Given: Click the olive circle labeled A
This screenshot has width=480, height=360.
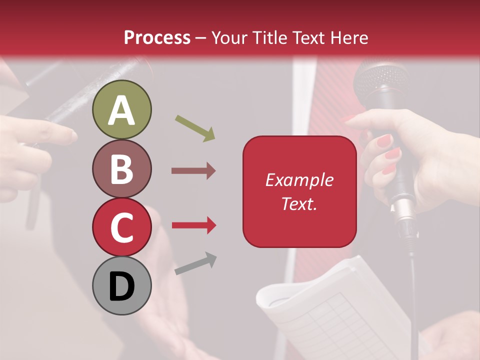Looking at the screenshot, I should pos(121,109).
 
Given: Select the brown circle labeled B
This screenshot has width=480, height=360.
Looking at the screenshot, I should pos(121,168).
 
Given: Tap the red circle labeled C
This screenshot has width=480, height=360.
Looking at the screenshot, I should pos(121,227).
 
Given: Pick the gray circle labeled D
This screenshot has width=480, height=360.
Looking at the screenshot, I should pos(121,285).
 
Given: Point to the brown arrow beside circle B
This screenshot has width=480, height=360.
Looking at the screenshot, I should pos(193,171).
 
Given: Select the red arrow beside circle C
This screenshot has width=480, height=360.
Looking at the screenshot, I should pos(193,225).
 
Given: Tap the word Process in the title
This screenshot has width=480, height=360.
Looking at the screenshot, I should pos(157,37).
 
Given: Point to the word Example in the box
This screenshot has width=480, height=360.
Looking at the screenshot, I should pos(299,180).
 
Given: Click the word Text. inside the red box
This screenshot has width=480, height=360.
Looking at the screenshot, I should pos(299,203).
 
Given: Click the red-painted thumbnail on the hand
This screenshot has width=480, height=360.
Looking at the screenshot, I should pos(384,141).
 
